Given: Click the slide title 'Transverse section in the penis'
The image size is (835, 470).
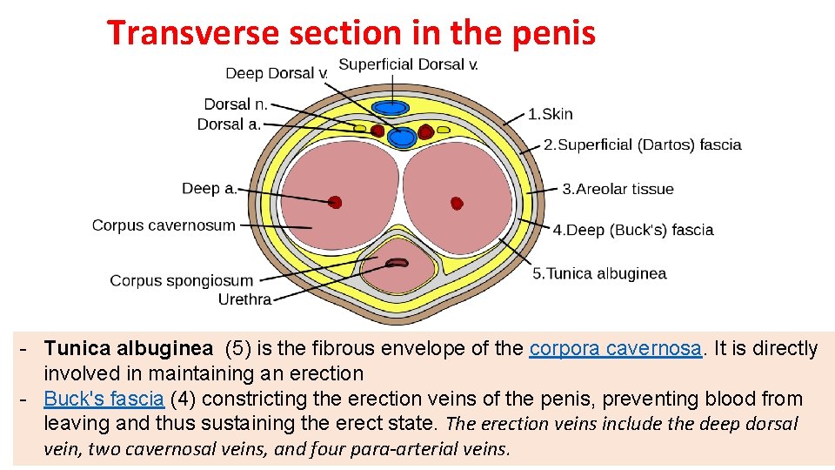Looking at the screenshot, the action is [351, 33].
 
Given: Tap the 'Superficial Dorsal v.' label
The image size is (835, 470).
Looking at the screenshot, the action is [408, 64].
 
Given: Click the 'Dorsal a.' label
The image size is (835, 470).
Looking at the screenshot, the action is [229, 124].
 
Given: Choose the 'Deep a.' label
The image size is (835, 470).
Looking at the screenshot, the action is [209, 188].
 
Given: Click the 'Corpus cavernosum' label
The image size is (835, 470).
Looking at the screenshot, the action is [164, 225].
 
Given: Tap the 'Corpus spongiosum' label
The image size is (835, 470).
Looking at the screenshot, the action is [181, 280].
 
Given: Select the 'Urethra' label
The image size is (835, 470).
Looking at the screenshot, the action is [244, 299].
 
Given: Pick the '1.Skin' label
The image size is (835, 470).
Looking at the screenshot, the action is [551, 114].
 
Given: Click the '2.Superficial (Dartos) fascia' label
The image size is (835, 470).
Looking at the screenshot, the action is [642, 144].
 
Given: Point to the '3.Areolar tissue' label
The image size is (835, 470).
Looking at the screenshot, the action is [618, 189].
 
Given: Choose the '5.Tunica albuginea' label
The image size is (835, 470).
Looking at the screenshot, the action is [599, 273].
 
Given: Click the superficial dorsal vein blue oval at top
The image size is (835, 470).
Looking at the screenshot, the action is [391, 107].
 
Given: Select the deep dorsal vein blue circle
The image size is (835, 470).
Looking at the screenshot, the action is [401, 137].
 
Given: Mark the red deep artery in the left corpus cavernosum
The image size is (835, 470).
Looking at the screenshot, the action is [335, 203].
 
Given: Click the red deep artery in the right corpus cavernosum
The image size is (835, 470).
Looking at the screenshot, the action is [457, 204].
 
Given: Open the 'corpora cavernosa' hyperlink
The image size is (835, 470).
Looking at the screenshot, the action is [615, 349].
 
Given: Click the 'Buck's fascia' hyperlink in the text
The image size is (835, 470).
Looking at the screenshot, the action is [104, 399].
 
